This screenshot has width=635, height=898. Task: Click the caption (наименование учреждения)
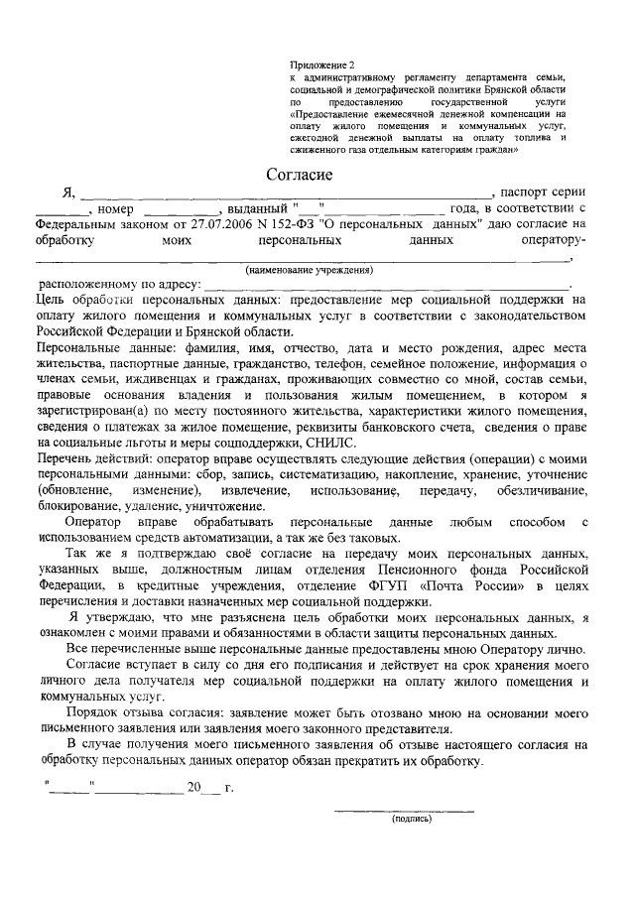click(x=309, y=270)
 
